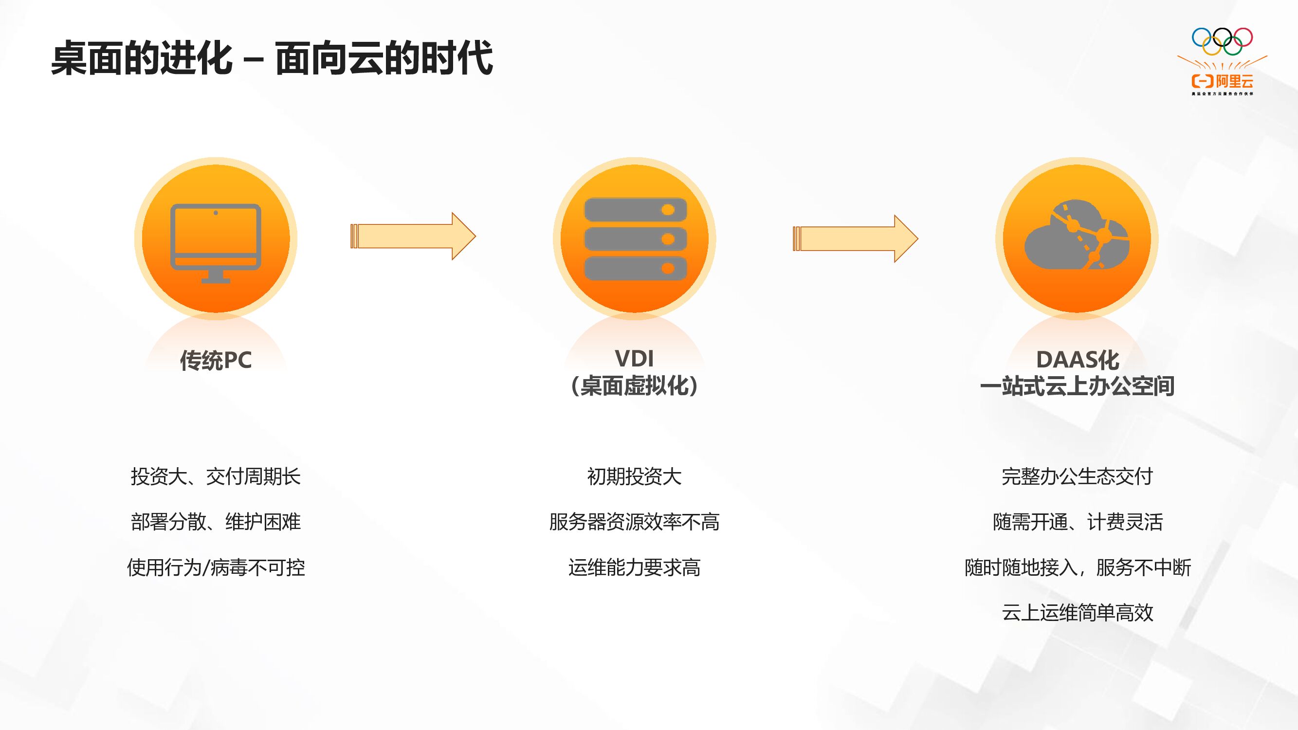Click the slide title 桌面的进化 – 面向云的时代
(272, 58)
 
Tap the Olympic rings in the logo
(1222, 41)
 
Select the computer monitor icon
(216, 242)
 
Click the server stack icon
(635, 239)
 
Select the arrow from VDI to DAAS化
(855, 239)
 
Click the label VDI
(634, 359)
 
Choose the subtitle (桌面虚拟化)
(634, 386)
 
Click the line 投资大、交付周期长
(216, 476)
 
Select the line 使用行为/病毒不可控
(216, 568)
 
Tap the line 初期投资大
(634, 476)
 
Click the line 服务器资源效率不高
(634, 522)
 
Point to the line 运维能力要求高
(634, 568)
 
